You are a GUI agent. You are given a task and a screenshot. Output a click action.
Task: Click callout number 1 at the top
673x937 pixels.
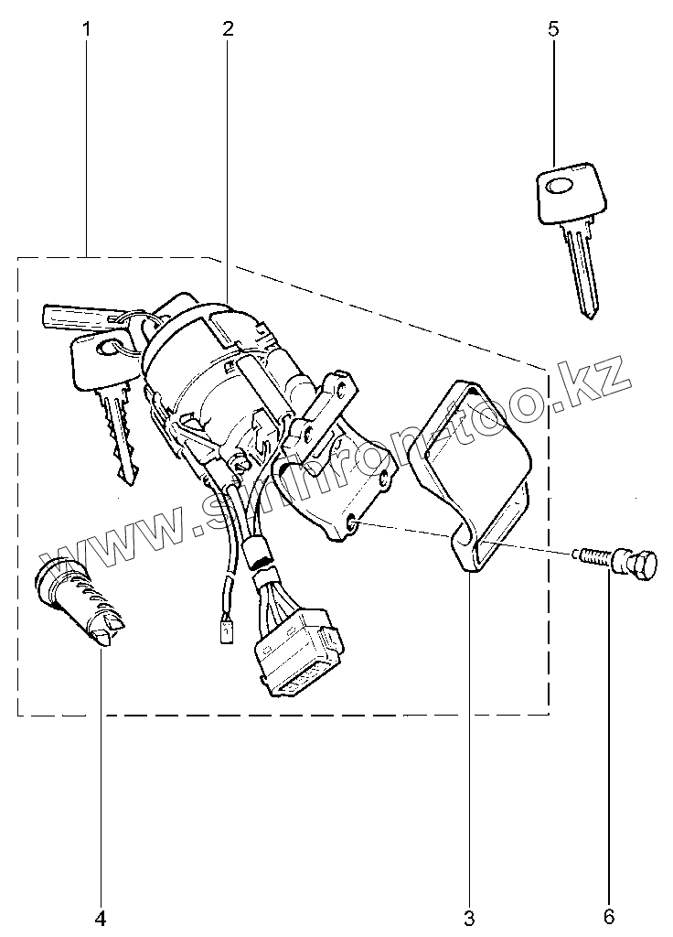click(87, 28)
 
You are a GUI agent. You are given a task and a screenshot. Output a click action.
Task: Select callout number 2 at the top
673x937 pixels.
click(227, 28)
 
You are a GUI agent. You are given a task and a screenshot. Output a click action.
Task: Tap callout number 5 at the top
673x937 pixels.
click(552, 28)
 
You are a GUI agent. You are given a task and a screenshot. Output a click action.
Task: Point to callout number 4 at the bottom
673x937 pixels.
click(101, 917)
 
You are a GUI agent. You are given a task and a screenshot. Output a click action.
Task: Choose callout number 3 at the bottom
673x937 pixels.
click(469, 917)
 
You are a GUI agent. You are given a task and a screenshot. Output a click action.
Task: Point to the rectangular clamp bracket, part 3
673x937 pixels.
click(471, 476)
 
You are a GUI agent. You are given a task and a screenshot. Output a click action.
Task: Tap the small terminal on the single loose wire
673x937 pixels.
click(223, 629)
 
